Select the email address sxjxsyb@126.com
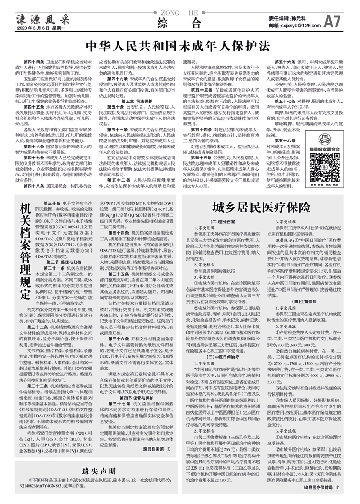(287, 25)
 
